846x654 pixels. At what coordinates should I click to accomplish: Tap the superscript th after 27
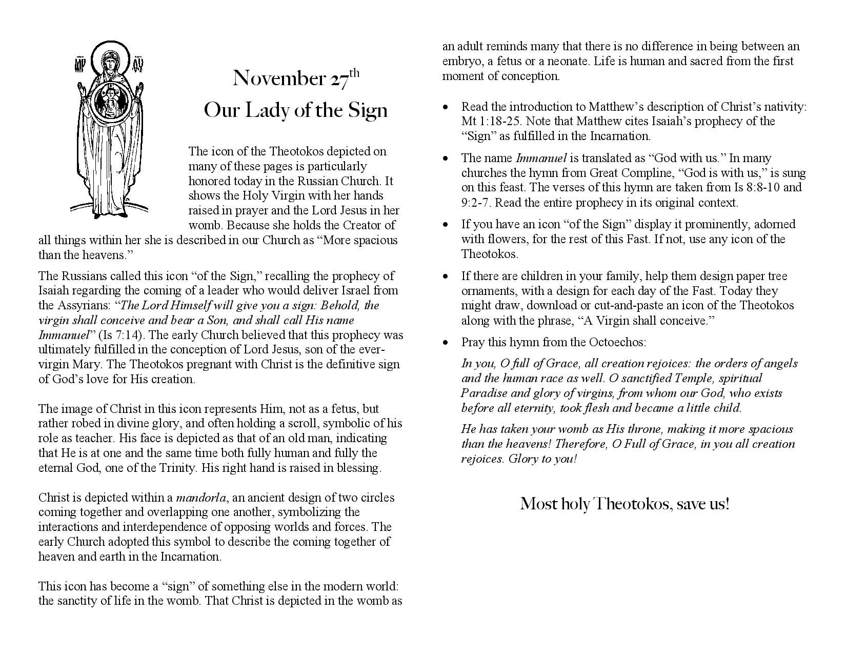(354, 73)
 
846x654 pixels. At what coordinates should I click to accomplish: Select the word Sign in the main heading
(368, 110)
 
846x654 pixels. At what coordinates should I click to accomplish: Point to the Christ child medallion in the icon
(109, 101)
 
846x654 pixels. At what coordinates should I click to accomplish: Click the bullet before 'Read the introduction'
(447, 107)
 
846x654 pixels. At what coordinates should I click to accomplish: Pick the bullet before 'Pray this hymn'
(447, 343)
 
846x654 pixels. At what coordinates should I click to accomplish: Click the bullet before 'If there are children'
(447, 276)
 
